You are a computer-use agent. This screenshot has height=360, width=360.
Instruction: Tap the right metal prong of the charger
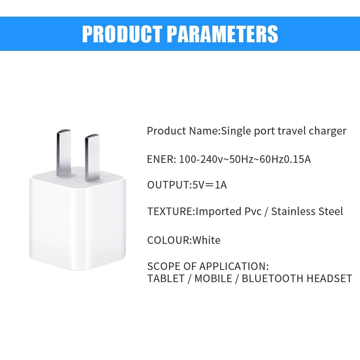click(x=93, y=157)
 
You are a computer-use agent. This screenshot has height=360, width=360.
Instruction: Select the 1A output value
click(x=220, y=185)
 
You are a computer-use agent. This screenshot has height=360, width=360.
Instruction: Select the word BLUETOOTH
click(x=273, y=279)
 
